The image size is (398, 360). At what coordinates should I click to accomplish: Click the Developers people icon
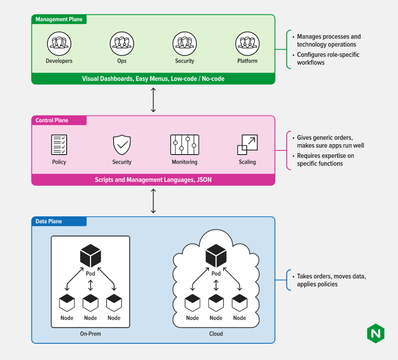pyautogui.click(x=59, y=44)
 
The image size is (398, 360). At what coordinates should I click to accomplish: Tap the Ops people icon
pyautogui.click(x=122, y=44)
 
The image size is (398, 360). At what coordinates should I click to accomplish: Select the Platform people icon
pyautogui.click(x=247, y=44)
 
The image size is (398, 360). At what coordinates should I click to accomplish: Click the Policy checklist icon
pyautogui.click(x=59, y=144)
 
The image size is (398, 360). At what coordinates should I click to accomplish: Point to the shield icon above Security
pyautogui.click(x=122, y=144)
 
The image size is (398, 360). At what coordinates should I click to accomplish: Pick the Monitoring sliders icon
pyautogui.click(x=185, y=144)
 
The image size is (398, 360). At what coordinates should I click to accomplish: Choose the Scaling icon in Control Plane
pyautogui.click(x=247, y=144)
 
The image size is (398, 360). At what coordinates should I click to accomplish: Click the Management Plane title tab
pyautogui.click(x=59, y=19)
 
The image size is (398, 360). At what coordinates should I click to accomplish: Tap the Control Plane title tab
pyautogui.click(x=59, y=120)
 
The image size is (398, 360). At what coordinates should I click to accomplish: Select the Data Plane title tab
pyautogui.click(x=59, y=221)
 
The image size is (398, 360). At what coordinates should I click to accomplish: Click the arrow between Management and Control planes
pyautogui.click(x=153, y=100)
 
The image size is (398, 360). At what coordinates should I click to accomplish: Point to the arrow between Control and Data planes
pyautogui.click(x=153, y=201)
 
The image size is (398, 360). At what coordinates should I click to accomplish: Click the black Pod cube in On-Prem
pyautogui.click(x=91, y=255)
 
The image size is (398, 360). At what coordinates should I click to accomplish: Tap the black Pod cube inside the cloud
pyautogui.click(x=216, y=255)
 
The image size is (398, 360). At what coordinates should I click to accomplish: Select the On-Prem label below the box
pyautogui.click(x=90, y=334)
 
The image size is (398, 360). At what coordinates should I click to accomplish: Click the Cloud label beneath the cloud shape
pyautogui.click(x=216, y=334)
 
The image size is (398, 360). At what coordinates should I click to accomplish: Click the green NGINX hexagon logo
pyautogui.click(x=375, y=333)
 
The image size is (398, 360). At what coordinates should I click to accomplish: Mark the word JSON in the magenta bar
pyautogui.click(x=204, y=180)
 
